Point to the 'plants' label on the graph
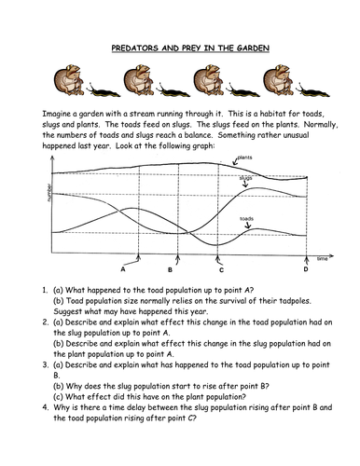(x=246, y=158)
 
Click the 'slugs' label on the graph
(x=246, y=177)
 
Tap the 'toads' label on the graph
(x=246, y=219)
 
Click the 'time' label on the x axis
(x=322, y=256)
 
